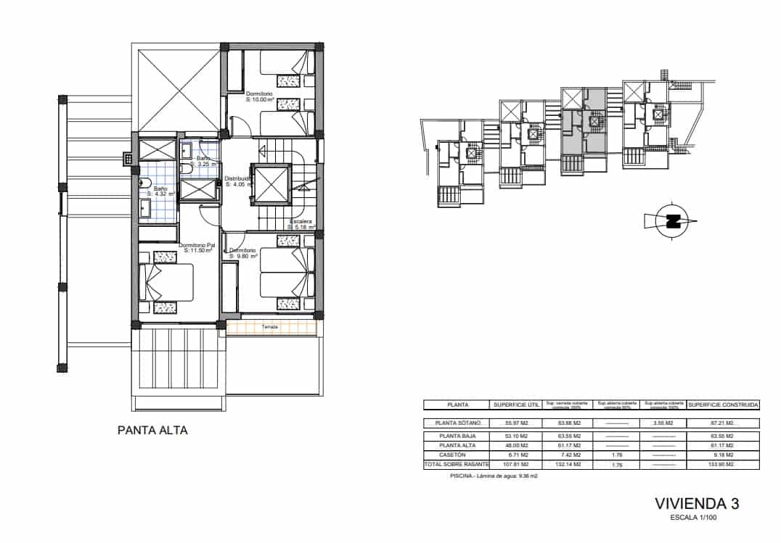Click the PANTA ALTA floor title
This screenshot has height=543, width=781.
tap(152, 430)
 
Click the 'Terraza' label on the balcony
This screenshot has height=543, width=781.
tap(270, 327)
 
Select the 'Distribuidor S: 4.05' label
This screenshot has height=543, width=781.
tap(238, 181)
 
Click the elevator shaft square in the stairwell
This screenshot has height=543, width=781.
tap(270, 184)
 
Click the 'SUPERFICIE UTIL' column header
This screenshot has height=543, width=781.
tap(516, 405)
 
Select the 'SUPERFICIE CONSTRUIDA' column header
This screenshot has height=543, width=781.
tap(723, 405)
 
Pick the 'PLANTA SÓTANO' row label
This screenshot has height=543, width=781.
tap(458, 423)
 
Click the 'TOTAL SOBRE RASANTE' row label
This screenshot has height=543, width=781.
tap(458, 464)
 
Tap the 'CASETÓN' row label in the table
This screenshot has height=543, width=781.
tap(458, 454)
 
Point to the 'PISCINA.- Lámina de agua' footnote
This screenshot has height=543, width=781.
tap(494, 476)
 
